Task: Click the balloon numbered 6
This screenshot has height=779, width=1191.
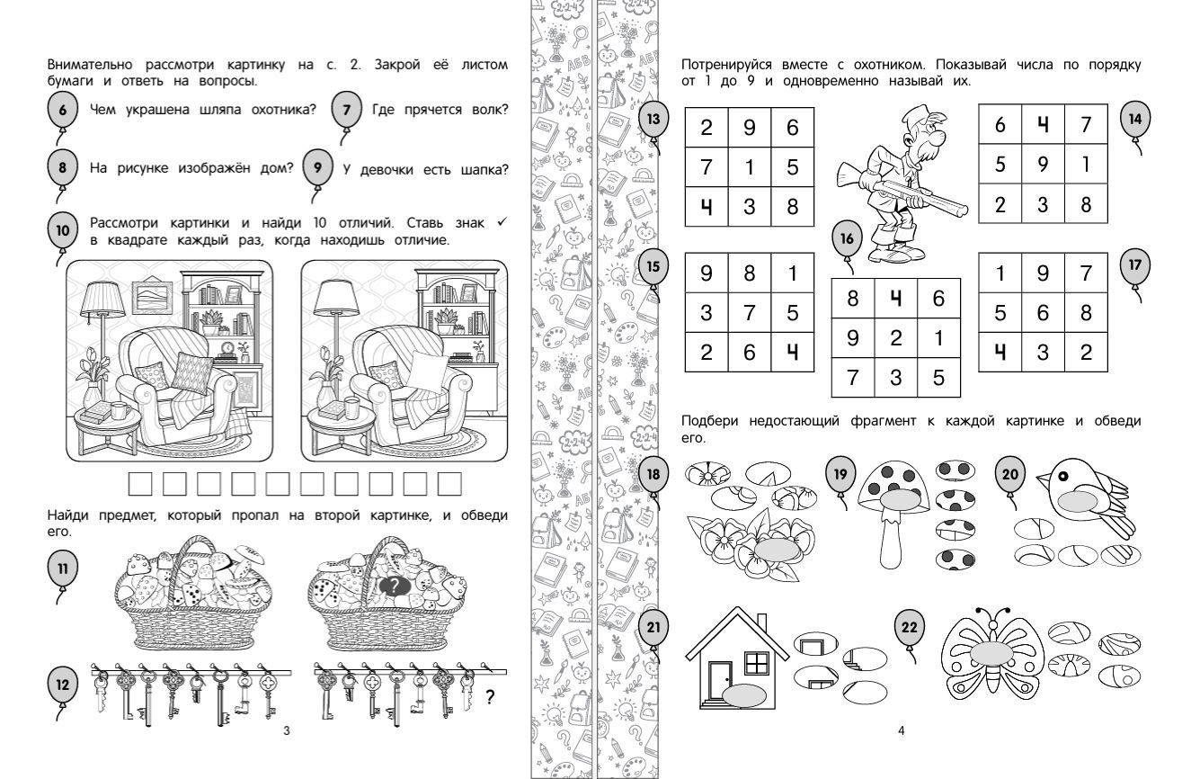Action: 63,110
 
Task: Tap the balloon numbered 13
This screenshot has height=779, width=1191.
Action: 653,119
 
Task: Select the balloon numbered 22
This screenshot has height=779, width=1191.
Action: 909,627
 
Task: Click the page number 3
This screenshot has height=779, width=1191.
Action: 287,730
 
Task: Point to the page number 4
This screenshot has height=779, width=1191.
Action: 901,730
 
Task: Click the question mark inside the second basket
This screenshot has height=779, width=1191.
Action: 394,586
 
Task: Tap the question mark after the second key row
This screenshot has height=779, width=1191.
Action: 490,696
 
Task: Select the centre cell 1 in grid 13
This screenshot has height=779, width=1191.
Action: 749,167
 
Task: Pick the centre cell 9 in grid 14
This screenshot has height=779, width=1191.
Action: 1043,164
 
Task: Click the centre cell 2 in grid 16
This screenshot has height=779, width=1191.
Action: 896,338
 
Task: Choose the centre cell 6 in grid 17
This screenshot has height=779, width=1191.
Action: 1043,312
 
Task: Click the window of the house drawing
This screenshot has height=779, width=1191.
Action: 756,663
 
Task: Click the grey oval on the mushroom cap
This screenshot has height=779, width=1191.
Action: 900,500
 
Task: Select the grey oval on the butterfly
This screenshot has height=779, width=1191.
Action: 991,654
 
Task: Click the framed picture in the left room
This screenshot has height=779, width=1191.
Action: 151,297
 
